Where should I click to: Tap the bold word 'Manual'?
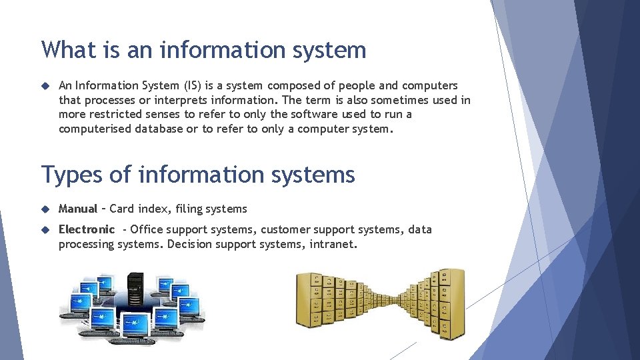[78, 209]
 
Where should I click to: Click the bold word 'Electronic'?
[87, 229]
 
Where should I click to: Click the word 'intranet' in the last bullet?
[333, 244]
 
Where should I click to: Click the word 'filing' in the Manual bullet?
[189, 209]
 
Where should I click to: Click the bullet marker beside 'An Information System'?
[45, 85]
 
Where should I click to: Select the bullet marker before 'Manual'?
[45, 209]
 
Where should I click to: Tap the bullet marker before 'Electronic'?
[45, 229]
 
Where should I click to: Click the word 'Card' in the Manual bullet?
[122, 209]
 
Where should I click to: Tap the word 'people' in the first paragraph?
[357, 85]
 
